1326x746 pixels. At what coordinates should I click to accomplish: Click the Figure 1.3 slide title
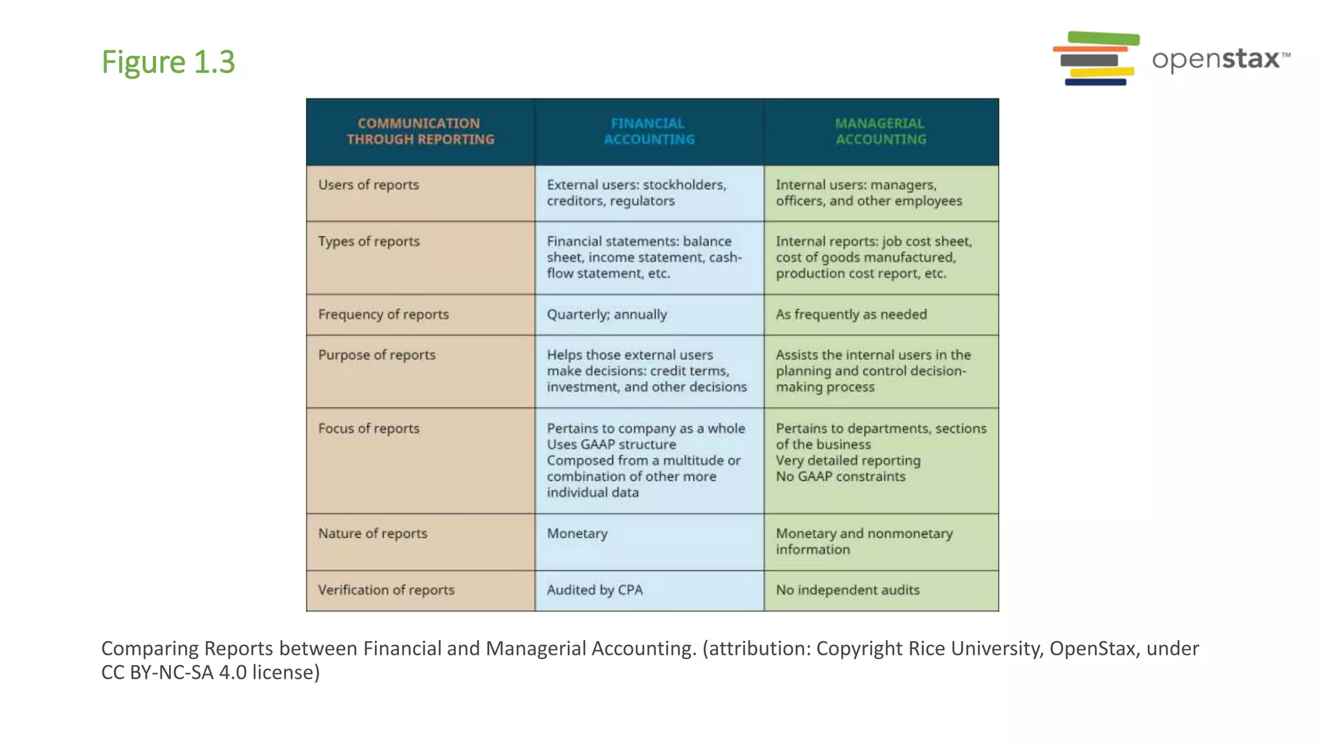click(x=168, y=62)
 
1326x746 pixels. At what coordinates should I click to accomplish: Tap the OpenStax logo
click(x=1171, y=59)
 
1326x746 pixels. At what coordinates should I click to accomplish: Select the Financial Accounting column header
click(x=649, y=131)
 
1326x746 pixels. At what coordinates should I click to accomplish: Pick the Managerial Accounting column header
click(x=881, y=131)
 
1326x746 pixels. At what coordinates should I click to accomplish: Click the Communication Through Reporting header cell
click(x=420, y=131)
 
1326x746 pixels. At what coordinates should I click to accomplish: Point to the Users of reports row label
click(x=368, y=185)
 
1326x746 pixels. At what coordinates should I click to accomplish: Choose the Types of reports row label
click(x=369, y=242)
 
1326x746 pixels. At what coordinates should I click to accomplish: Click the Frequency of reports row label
click(x=383, y=315)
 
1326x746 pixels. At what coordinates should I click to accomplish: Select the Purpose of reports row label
click(x=377, y=356)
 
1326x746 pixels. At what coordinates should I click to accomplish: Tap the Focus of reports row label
click(x=369, y=429)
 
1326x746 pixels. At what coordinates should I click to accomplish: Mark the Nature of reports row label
click(x=373, y=534)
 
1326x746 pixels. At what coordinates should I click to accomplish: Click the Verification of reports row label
click(x=387, y=590)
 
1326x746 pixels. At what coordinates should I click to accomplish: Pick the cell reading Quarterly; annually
click(x=607, y=315)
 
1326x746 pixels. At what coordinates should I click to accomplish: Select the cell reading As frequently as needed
click(x=851, y=315)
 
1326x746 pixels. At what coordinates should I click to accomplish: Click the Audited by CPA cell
click(x=595, y=590)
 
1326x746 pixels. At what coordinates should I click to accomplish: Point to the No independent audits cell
click(x=848, y=590)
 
